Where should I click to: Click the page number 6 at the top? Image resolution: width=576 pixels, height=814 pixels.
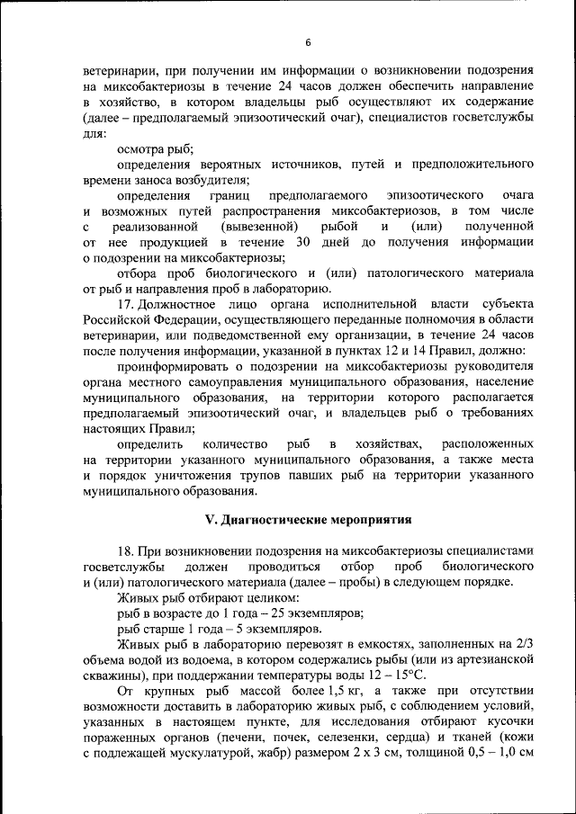pyautogui.click(x=307, y=41)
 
